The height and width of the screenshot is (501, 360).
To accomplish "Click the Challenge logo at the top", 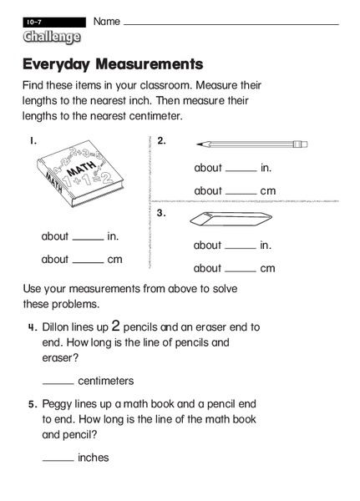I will (52, 37).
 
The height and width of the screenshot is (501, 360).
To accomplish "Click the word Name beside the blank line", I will (106, 20).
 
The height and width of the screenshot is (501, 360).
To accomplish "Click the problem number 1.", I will (33, 140).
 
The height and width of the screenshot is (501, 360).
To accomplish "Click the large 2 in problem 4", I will (117, 326).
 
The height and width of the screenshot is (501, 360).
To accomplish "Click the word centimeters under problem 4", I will (105, 381).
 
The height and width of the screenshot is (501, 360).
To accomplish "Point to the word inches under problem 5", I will (93, 458).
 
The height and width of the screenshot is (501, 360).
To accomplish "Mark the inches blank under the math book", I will (89, 240).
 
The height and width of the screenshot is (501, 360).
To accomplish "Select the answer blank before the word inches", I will (58, 461).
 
